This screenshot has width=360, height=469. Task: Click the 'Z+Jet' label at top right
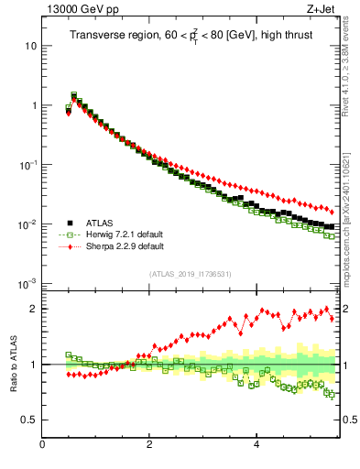323,10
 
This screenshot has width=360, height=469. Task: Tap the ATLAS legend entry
101,223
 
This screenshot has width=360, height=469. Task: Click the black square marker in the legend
69,223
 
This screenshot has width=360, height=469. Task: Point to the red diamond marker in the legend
69,246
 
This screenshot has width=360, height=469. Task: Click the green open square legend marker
69,234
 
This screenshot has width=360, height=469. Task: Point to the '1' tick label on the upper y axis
33,105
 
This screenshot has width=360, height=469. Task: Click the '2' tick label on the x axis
149,445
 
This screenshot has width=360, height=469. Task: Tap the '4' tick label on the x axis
256,445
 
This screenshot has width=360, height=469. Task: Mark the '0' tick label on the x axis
42,445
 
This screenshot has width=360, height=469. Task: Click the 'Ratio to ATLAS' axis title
12,364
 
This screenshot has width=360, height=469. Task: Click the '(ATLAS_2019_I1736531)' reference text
190,274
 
